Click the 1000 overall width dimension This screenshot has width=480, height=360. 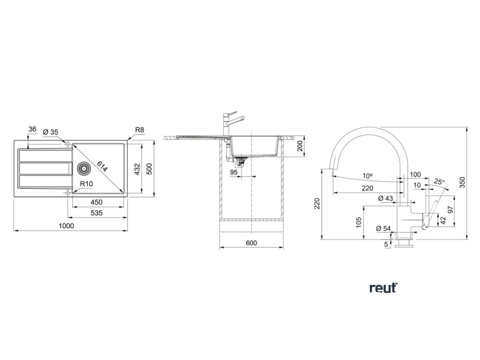(x=67, y=225)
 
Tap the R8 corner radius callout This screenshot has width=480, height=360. (x=139, y=130)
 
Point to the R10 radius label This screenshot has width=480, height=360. (x=85, y=184)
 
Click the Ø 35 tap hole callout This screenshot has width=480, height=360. (x=50, y=132)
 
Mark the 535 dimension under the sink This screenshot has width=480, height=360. (x=97, y=213)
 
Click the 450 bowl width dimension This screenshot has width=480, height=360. (x=97, y=202)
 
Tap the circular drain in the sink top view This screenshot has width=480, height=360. (x=83, y=167)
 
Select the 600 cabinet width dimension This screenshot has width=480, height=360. (x=251, y=243)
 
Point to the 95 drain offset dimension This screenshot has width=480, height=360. (x=234, y=172)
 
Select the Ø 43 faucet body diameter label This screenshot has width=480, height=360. (x=385, y=199)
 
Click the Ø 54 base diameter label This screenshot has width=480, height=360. (x=383, y=228)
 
